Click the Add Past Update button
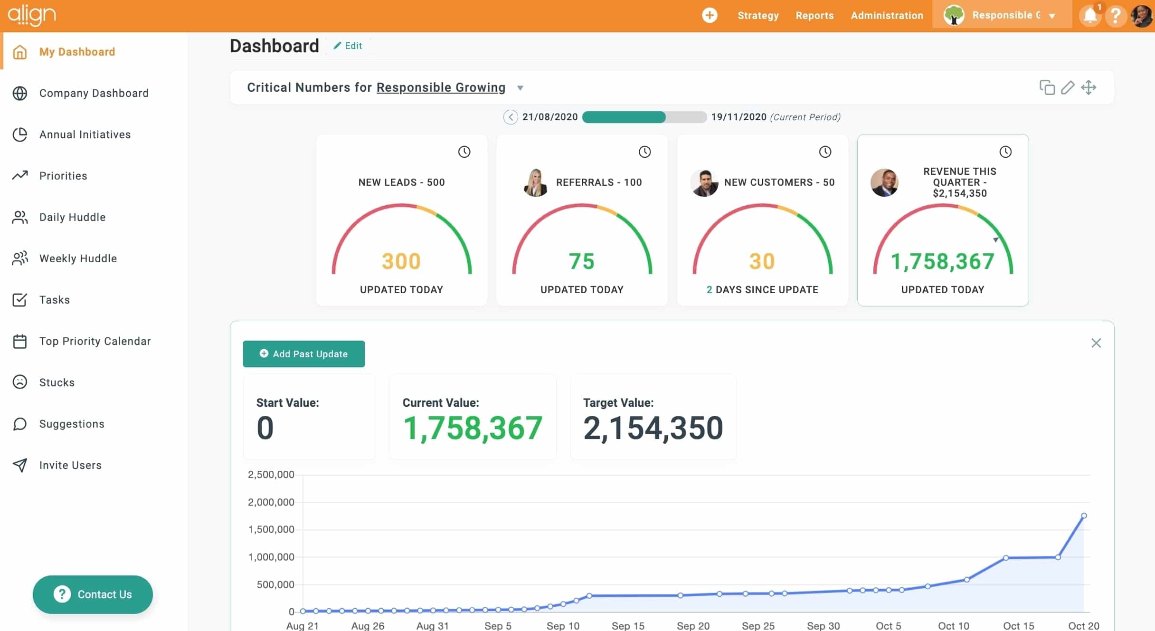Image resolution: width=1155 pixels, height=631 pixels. point(303,354)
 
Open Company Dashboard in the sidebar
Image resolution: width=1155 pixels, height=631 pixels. point(94,93)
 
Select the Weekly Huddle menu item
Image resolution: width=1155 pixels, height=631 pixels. point(78,258)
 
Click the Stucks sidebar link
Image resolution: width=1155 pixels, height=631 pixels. point(57,382)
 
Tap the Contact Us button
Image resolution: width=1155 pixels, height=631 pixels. point(93,594)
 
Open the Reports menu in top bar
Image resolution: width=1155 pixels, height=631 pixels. point(814,15)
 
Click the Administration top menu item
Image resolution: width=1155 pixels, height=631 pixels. point(887,15)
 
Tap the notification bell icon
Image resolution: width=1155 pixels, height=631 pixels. point(1090,16)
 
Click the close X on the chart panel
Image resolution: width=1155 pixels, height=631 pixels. point(1096,343)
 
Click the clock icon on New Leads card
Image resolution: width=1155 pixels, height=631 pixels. point(464,152)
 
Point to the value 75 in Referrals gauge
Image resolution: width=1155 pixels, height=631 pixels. point(581,261)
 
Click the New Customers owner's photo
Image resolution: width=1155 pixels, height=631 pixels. point(704,182)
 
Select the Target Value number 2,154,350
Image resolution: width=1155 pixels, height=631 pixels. point(653,428)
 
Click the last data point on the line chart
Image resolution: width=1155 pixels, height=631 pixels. point(1084,516)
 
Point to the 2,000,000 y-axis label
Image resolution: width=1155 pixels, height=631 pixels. point(271,502)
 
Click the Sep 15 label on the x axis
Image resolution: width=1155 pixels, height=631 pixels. point(628,626)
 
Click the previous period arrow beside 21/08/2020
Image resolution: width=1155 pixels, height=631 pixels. point(511,117)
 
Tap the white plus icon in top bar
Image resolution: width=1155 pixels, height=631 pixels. point(710,15)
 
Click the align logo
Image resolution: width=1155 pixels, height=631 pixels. point(32,15)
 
